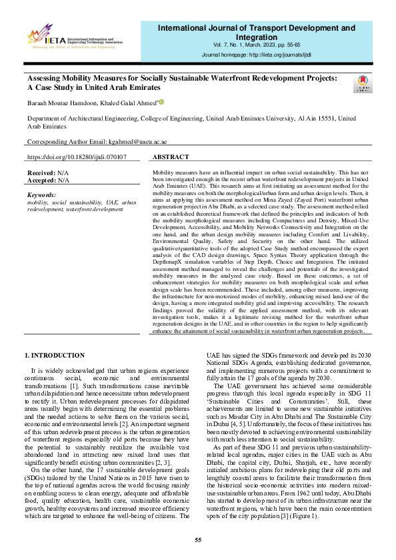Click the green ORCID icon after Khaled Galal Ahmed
(161, 102)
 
